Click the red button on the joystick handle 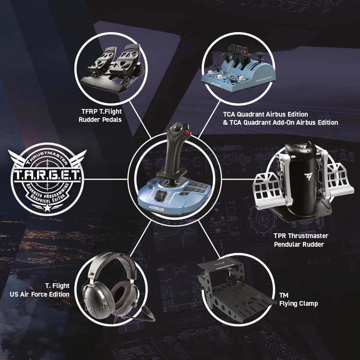pos(188,132)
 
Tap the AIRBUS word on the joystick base pos(156,208)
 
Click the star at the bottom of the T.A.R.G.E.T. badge pos(48,207)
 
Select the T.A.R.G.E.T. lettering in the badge pos(47,175)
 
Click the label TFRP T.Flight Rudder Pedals pos(100,116)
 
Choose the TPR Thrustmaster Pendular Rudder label pos(301,240)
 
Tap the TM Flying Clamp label pos(299,299)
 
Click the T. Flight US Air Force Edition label pos(39,290)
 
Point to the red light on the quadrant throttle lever pos(245,51)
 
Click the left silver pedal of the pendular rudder pos(269,191)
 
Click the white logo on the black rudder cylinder pos(308,177)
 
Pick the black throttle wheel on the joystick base pos(159,195)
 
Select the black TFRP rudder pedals pos(112,69)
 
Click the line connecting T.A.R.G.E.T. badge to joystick pos(106,179)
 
